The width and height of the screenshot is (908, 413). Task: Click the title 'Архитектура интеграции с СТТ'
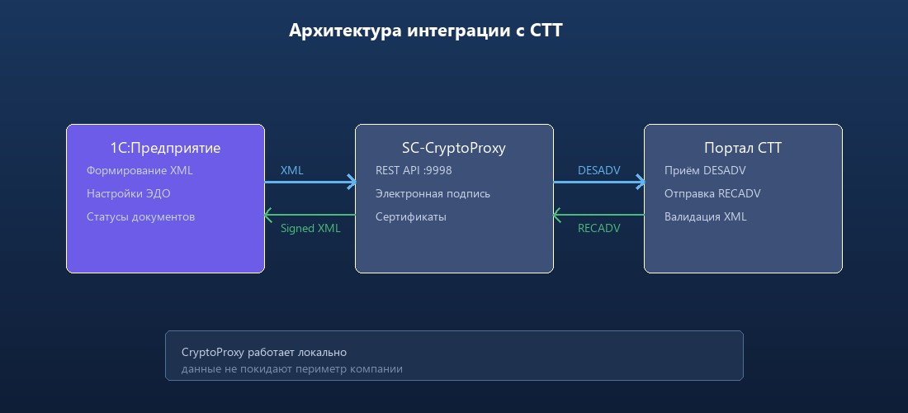pos(426,31)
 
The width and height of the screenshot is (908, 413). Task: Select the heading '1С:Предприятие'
pos(165,149)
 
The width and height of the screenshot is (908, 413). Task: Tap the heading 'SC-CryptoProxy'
pos(454,149)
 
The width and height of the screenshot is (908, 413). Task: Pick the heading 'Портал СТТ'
pos(743,149)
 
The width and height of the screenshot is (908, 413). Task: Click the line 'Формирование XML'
pos(140,171)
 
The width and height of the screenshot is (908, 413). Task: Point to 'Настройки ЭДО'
pos(129,194)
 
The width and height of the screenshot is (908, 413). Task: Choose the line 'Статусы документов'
pos(140,217)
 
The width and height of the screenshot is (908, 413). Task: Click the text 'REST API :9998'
pos(414,171)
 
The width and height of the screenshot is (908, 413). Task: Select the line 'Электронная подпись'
pos(433,194)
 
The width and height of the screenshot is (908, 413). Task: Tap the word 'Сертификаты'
pos(411,217)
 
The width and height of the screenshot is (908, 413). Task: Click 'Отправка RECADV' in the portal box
pos(712,194)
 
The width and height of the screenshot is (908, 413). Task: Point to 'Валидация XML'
pos(705,217)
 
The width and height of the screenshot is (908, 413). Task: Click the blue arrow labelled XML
pos(310,183)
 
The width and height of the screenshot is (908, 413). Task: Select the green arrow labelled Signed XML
pos(310,215)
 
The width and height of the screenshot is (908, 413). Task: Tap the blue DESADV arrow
pos(598,183)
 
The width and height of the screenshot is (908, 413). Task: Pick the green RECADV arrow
pos(598,215)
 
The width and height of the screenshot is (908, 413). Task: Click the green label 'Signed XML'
pos(310,229)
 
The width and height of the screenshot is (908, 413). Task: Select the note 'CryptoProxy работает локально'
pos(264,353)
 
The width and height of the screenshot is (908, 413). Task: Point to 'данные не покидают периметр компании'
pos(292,369)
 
